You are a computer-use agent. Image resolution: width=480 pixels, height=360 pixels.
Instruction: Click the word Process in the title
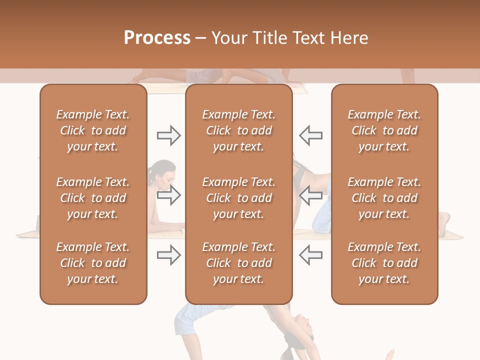157,37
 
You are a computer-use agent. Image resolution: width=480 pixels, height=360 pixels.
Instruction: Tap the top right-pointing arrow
168,135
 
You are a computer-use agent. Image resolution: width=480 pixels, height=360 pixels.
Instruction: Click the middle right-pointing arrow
168,195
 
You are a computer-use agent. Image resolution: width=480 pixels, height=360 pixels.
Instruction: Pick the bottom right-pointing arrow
168,255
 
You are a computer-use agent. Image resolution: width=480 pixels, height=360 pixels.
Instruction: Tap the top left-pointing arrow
310,135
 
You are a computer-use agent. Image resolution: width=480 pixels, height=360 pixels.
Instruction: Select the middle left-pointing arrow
310,195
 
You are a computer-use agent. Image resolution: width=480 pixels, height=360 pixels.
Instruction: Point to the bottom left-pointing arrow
310,255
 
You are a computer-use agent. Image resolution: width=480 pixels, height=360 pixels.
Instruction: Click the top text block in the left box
93,130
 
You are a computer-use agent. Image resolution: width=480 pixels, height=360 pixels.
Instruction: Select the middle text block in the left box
93,198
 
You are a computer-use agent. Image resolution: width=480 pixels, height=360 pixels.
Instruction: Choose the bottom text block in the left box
93,263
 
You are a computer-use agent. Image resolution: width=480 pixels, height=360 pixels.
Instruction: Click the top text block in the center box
239,130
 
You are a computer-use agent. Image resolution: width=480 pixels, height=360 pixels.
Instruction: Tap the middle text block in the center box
239,198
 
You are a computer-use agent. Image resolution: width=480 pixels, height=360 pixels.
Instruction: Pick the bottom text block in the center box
239,263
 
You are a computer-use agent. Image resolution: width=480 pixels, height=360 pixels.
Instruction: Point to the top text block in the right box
384,130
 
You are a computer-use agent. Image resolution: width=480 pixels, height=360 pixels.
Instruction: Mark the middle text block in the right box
384,198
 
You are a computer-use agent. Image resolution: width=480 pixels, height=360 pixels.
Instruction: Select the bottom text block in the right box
384,263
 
